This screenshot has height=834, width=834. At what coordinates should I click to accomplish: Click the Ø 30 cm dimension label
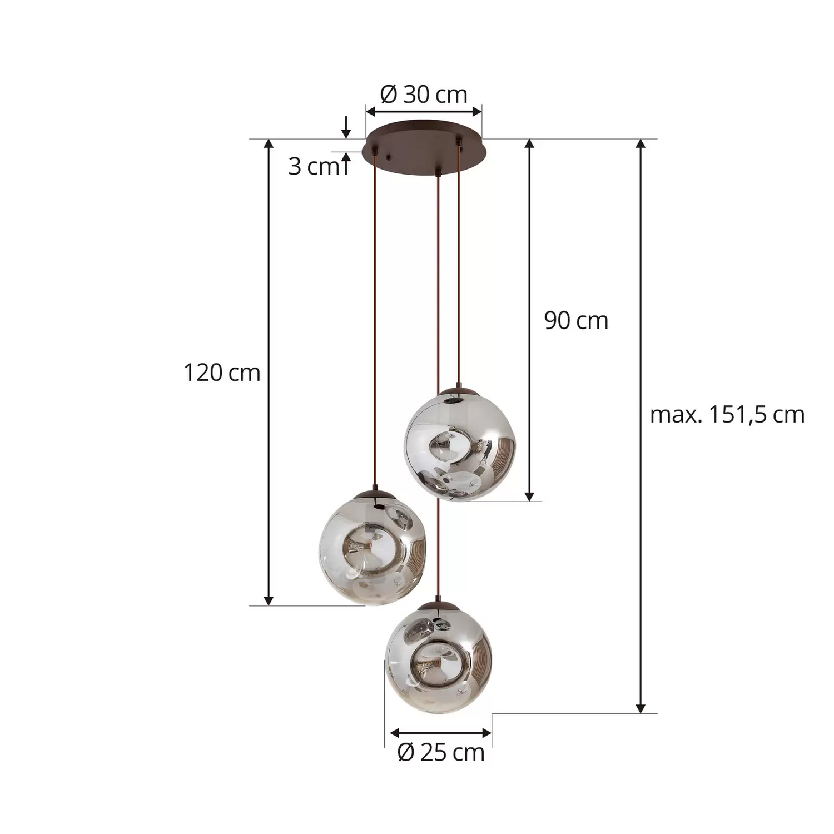click(x=424, y=95)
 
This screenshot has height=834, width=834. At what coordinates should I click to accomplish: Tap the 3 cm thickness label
click(x=312, y=167)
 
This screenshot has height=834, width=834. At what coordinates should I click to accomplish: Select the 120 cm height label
click(x=222, y=373)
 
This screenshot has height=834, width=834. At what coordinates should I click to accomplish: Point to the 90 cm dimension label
click(x=576, y=321)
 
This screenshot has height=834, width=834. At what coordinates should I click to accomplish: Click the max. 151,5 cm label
click(x=727, y=415)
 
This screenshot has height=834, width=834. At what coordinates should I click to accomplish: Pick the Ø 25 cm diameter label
click(x=441, y=753)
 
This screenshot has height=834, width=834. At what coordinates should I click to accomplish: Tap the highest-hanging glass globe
click(x=460, y=445)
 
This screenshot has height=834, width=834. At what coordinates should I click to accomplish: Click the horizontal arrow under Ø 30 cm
click(x=424, y=112)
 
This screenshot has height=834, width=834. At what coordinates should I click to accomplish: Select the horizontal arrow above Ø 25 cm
click(x=441, y=733)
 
